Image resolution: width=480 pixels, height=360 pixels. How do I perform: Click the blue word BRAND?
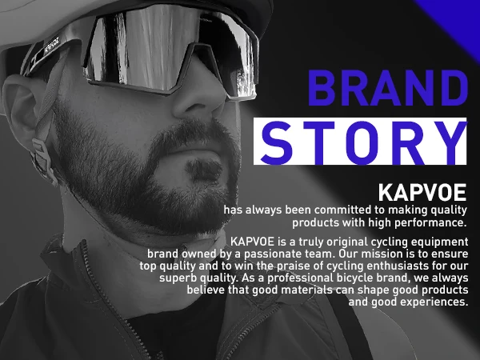388,88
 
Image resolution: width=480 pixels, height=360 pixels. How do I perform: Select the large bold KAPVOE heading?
422,193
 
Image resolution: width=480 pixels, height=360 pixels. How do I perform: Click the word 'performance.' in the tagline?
430,223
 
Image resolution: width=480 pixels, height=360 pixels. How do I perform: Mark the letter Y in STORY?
450,142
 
